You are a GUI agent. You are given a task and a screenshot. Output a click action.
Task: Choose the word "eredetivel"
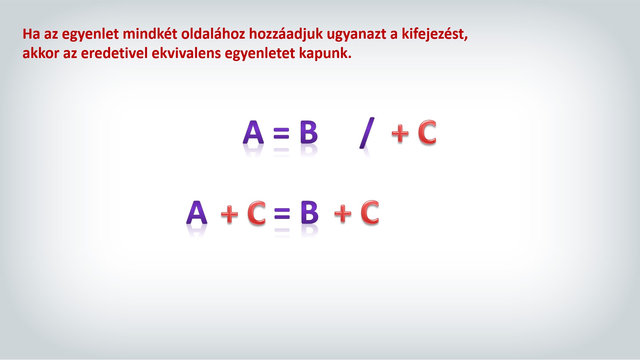(x=114, y=53)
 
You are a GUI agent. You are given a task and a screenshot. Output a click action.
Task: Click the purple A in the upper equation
(x=253, y=132)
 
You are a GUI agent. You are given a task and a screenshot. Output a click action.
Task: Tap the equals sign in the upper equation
(x=281, y=133)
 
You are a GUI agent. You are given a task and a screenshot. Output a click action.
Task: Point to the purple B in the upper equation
(x=309, y=132)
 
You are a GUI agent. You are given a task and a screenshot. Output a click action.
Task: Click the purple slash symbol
(x=367, y=133)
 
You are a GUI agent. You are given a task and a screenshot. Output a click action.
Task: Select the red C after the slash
(x=427, y=132)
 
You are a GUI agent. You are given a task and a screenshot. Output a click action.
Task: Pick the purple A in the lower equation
(x=197, y=212)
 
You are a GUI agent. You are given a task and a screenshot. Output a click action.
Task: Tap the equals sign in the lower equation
(x=282, y=213)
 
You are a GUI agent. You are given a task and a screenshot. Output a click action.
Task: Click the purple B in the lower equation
(x=309, y=212)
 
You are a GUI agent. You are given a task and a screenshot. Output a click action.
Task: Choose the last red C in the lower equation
(x=370, y=212)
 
